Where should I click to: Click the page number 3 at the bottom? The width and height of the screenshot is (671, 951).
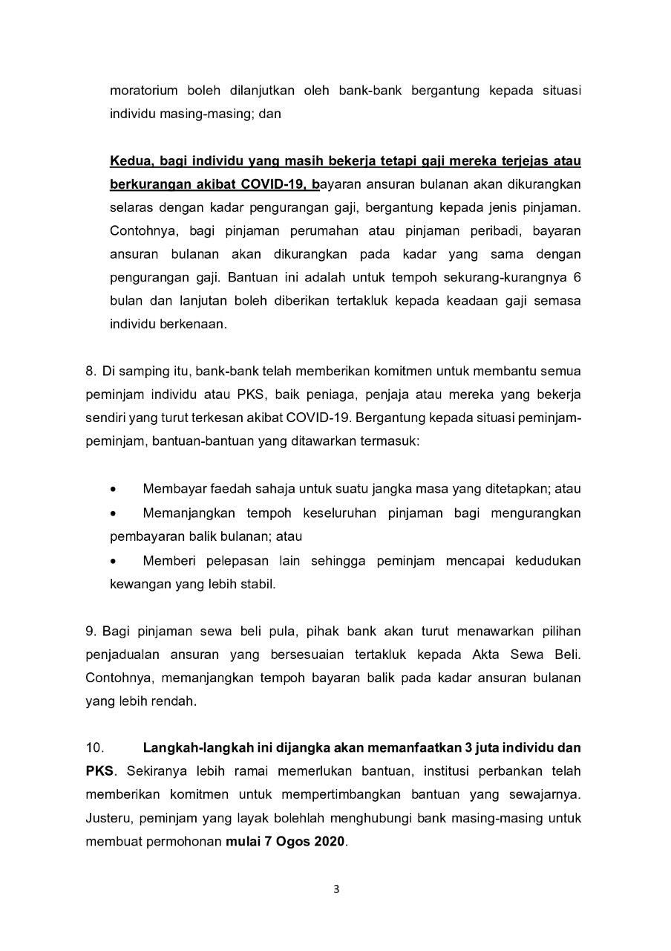336,890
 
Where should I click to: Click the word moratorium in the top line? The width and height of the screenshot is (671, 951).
143,91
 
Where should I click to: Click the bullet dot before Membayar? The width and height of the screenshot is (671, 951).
113,490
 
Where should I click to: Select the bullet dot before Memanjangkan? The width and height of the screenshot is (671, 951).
113,513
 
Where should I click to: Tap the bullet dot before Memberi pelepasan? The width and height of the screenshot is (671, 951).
113,561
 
